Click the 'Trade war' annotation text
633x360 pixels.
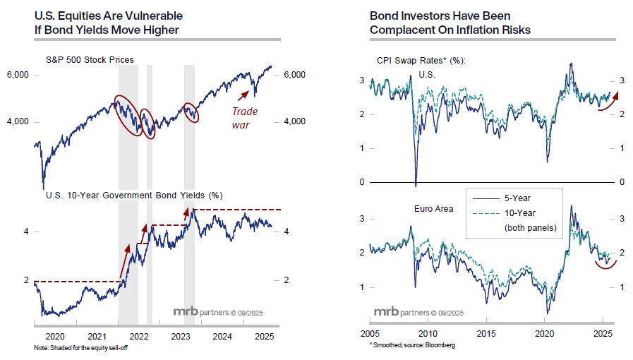pos(245,118)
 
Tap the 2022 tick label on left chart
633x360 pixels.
pos(138,336)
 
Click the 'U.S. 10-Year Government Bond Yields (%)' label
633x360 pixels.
pos(133,195)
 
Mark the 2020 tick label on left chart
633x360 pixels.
pos(55,336)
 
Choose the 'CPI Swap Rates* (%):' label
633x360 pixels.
pos(411,60)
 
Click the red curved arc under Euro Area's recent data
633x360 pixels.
pos(604,265)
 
